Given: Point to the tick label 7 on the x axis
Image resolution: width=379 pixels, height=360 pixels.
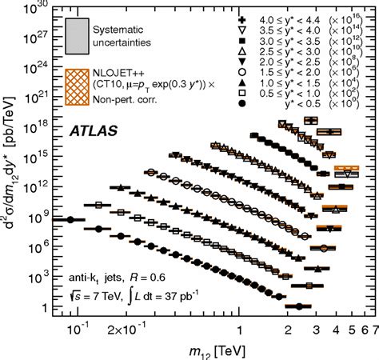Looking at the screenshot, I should click(373, 326).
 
